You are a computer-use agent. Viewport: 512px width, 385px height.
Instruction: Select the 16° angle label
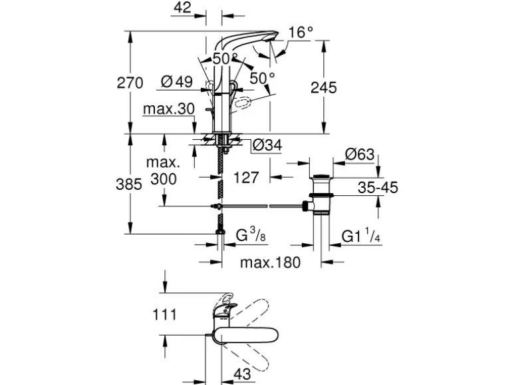point(301,31)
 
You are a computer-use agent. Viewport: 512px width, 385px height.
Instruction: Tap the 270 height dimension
point(130,83)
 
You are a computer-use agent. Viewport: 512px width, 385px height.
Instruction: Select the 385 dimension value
point(129,185)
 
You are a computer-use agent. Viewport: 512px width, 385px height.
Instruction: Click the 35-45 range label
point(377,189)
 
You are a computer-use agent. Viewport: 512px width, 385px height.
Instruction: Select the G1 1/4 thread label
point(361,236)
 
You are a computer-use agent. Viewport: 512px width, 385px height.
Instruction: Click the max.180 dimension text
point(271,262)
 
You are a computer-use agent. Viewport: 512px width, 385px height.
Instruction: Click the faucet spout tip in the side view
point(270,39)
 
